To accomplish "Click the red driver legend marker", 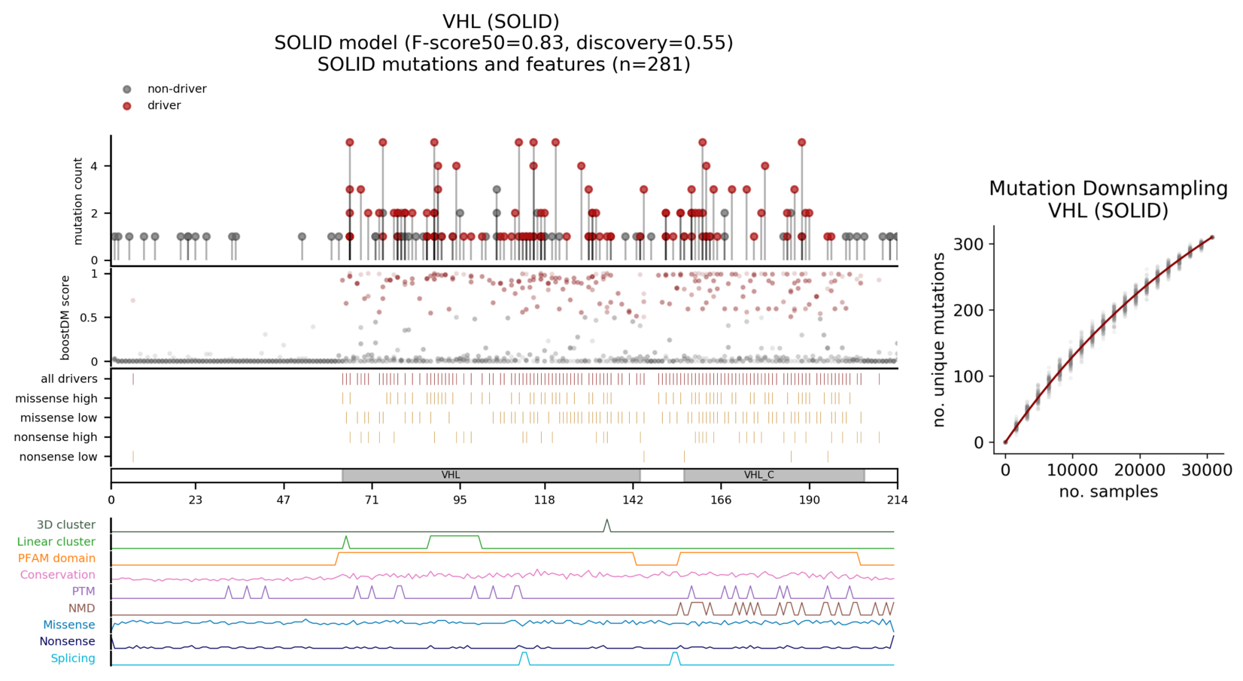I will tap(126, 106).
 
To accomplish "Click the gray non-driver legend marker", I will tap(126, 90).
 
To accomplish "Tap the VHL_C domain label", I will tap(758, 476).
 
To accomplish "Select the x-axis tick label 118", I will tap(544, 500).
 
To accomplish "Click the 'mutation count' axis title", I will tap(78, 201).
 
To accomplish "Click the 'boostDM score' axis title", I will tap(65, 318).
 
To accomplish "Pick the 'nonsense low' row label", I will tap(58, 457).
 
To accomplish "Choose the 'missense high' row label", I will tap(56, 399).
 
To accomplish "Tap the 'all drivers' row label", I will tap(68, 379).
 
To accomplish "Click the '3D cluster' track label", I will tap(65, 525).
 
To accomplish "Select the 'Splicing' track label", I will tap(72, 658).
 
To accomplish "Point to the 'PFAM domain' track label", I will tap(56, 558).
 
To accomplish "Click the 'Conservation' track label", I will tap(57, 575).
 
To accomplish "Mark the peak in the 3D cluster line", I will tap(607, 521).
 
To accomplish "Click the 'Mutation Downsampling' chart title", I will tap(1108, 189).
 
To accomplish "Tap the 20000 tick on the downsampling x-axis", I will tap(1139, 470).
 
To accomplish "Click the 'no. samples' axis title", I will tap(1108, 492).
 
